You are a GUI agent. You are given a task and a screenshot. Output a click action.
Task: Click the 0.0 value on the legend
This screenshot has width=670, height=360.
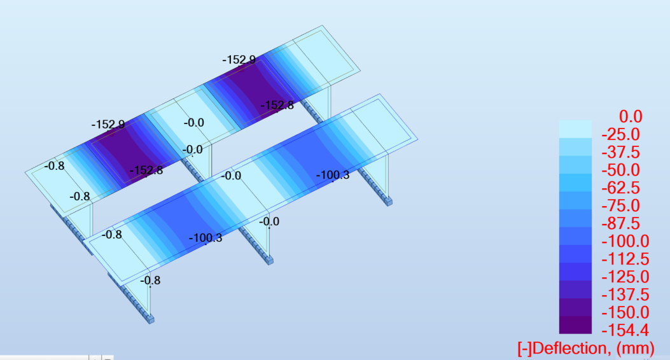click(631, 116)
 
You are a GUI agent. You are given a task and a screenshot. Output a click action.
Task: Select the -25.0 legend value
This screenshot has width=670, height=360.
click(621, 134)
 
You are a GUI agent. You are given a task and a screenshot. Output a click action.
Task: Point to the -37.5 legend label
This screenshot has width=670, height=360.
click(621, 153)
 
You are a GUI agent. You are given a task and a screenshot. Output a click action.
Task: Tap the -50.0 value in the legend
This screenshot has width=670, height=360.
click(621, 170)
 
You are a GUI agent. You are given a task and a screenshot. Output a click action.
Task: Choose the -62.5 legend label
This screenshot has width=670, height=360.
click(621, 188)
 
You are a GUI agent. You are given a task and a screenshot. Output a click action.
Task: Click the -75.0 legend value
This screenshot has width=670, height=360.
click(621, 206)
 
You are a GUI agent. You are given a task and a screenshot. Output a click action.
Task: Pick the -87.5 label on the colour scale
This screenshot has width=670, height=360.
click(621, 223)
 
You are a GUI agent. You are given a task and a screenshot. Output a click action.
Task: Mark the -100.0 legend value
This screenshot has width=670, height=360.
click(625, 241)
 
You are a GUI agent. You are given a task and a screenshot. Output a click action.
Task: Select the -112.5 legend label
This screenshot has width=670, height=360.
click(625, 260)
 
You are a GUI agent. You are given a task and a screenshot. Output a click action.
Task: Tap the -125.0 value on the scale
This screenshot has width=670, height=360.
click(625, 277)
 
